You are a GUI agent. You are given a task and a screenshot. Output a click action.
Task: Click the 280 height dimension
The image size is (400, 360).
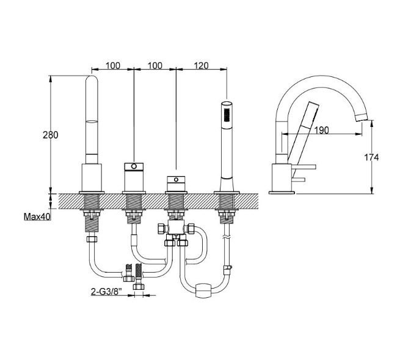click(x=51, y=135)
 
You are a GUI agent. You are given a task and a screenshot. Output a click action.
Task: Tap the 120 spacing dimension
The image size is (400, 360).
click(x=202, y=65)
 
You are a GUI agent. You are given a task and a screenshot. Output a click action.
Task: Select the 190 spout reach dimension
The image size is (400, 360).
click(x=321, y=130)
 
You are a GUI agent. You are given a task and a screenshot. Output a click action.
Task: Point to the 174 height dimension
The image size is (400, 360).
click(x=371, y=157)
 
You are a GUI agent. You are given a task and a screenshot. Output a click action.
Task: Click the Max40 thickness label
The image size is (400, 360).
click(x=37, y=217)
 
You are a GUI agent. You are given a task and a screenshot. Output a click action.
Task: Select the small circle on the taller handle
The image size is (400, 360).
click(x=134, y=167)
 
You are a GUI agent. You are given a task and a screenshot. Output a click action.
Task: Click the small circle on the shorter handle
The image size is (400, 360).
click(x=176, y=180)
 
